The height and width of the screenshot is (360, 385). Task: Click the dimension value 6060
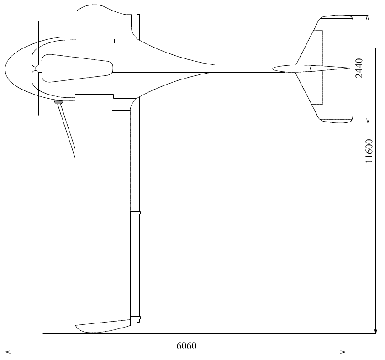[x=187, y=346]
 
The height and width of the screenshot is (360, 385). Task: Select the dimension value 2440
[x=359, y=68]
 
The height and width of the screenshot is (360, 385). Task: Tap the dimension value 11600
[x=369, y=151]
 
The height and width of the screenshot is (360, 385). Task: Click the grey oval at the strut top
[x=58, y=102]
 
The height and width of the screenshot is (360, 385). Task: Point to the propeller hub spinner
[x=38, y=69]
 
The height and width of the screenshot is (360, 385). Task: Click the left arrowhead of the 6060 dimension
[x=7, y=352]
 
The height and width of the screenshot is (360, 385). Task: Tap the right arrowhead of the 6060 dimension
[x=343, y=352]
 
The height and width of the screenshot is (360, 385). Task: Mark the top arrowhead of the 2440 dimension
[x=368, y=17]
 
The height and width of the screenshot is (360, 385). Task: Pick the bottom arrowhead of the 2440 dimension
[x=368, y=121]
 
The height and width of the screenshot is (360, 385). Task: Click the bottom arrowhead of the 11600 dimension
[x=376, y=331]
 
